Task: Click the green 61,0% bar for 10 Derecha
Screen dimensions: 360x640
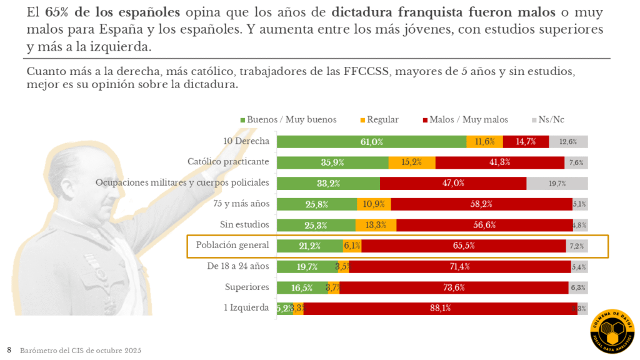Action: [371, 142]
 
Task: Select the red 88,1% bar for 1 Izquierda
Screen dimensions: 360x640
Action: [440, 308]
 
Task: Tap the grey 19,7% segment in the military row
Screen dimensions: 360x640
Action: [557, 183]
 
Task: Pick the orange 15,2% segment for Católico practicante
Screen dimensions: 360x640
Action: [411, 162]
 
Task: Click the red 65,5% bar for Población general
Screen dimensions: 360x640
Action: [463, 246]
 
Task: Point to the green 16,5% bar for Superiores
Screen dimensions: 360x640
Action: [301, 287]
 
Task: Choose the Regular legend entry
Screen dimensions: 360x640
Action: [378, 119]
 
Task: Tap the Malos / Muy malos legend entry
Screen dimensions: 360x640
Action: [466, 119]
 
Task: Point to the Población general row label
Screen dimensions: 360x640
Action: [232, 245]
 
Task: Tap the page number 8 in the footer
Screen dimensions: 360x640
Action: [9, 350]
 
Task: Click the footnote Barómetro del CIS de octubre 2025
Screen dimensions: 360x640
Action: [81, 351]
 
